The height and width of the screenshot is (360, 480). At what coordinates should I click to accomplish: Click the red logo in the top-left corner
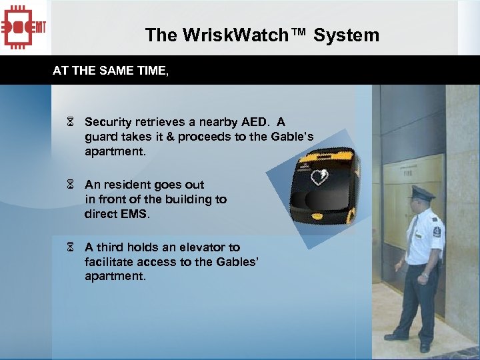25,27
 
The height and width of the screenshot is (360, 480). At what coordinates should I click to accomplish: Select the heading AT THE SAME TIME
110,70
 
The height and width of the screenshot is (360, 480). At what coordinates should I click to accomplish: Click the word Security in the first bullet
108,122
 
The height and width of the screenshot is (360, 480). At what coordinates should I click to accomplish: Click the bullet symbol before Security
70,123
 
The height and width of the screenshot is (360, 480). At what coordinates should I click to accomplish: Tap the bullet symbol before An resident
70,185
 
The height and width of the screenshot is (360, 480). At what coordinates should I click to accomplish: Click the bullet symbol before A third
70,247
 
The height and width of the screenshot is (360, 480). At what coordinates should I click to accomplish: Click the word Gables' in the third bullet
235,262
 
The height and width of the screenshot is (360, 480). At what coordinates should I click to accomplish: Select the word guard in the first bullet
101,137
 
